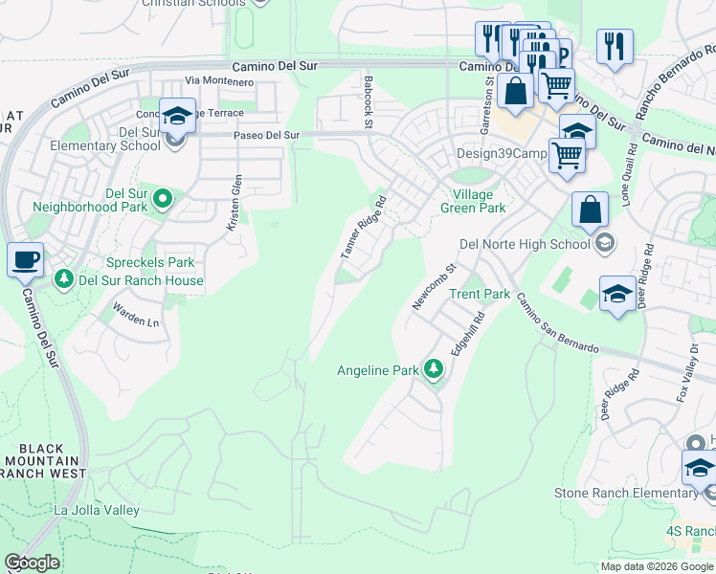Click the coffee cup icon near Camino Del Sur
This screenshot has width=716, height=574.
(25, 259)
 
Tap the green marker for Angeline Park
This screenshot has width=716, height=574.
(434, 369)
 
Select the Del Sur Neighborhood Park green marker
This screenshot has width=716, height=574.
(163, 199)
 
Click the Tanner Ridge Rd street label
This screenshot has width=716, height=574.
(364, 228)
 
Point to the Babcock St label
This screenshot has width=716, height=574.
(368, 98)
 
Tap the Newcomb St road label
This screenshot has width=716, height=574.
(431, 286)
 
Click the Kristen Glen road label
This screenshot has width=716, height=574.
(235, 202)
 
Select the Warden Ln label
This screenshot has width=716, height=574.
(136, 315)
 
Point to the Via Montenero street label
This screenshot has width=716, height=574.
(219, 82)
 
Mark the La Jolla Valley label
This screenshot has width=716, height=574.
(97, 511)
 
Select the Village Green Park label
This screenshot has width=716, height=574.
(472, 200)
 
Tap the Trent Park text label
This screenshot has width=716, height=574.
(480, 294)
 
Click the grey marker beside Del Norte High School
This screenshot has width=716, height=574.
(604, 245)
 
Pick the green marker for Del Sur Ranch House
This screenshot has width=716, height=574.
(64, 279)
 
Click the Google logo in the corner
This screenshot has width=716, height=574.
(32, 563)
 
